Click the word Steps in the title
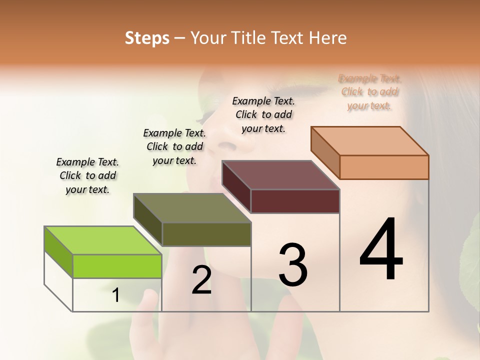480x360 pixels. click(147, 38)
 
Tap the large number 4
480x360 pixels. click(381, 250)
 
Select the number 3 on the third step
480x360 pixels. click(292, 265)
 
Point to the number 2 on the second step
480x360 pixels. click(201, 280)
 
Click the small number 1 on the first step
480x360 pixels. click(115, 295)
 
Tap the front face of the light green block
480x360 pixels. click(117, 266)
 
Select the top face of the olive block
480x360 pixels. click(192, 207)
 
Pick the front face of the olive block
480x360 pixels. click(206, 234)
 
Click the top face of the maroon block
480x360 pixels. click(281, 175)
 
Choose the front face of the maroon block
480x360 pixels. click(295, 201)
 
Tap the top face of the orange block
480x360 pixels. click(370, 140)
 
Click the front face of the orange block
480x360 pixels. click(384, 167)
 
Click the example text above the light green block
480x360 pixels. click(87, 175)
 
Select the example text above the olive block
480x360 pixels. click(174, 146)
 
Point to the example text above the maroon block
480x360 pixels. click(263, 114)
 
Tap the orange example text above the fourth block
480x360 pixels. click(369, 92)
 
